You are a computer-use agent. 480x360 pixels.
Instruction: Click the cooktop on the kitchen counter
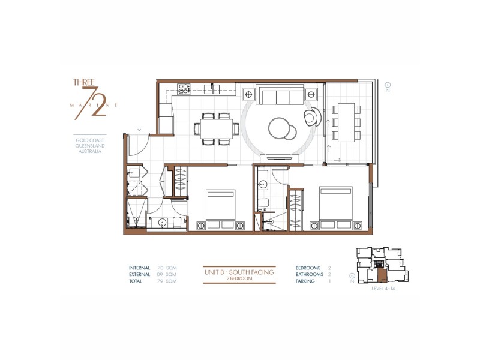pyautogui.click(x=184, y=88)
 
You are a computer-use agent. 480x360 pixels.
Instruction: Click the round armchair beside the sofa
pyautogui.click(x=313, y=116)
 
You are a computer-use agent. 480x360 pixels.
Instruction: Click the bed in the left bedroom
pyautogui.click(x=221, y=207)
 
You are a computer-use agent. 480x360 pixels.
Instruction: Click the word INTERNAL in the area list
pyautogui.click(x=140, y=268)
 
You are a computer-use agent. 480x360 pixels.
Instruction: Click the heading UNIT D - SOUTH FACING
pyautogui.click(x=239, y=272)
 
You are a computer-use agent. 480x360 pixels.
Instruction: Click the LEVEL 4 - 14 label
pyautogui.click(x=382, y=289)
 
